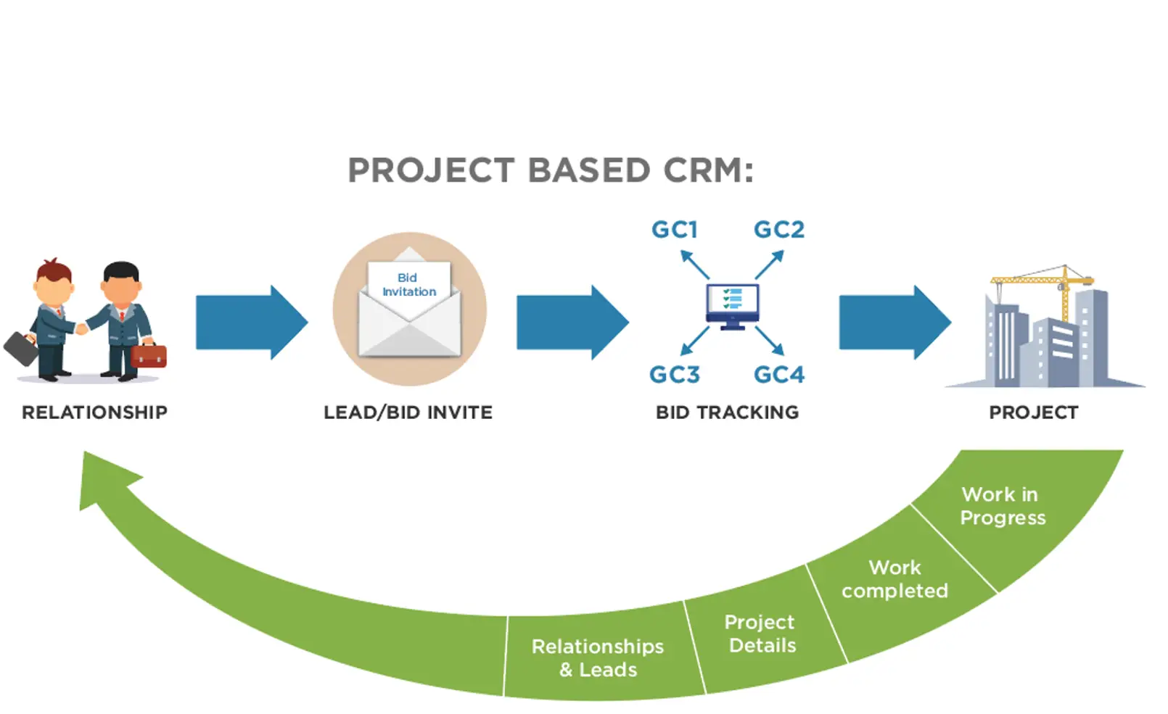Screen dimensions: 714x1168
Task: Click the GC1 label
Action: coord(674,230)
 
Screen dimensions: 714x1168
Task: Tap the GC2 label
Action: coord(779,230)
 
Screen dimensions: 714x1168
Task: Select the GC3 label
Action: coord(674,375)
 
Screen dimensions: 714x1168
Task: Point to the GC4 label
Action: coord(779,375)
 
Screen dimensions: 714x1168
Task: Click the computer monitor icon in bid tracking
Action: coord(732,305)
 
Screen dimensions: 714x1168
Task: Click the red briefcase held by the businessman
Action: coord(149,355)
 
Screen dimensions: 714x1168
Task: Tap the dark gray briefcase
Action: coord(21,348)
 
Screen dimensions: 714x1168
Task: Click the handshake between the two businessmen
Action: coord(82,328)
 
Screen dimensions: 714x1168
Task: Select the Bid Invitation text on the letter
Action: coord(408,285)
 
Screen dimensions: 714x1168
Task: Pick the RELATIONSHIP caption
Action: coord(94,412)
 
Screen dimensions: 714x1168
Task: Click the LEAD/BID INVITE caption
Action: coord(408,412)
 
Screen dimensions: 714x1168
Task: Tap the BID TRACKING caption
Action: coord(727,412)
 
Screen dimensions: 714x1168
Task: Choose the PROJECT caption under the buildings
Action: coord(1033,412)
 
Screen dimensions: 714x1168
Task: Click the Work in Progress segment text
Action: coord(1002,506)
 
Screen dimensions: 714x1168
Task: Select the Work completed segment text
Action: coord(894,579)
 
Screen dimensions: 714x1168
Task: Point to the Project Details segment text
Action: coord(760,634)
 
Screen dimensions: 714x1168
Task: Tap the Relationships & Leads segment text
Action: coord(598,657)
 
